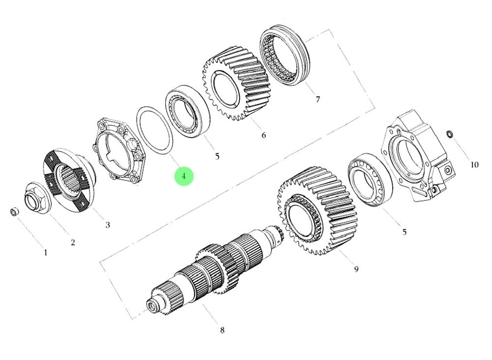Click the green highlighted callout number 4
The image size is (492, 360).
click(184, 176)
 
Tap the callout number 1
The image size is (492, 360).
click(45, 253)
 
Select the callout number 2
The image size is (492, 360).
click(73, 242)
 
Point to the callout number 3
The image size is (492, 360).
click(108, 225)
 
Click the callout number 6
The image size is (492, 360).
click(264, 135)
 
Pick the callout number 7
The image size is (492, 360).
click(318, 99)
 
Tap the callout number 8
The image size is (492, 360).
click(222, 330)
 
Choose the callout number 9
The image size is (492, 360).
click(356, 269)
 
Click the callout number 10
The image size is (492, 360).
click(474, 164)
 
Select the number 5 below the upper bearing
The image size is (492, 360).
click(217, 156)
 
